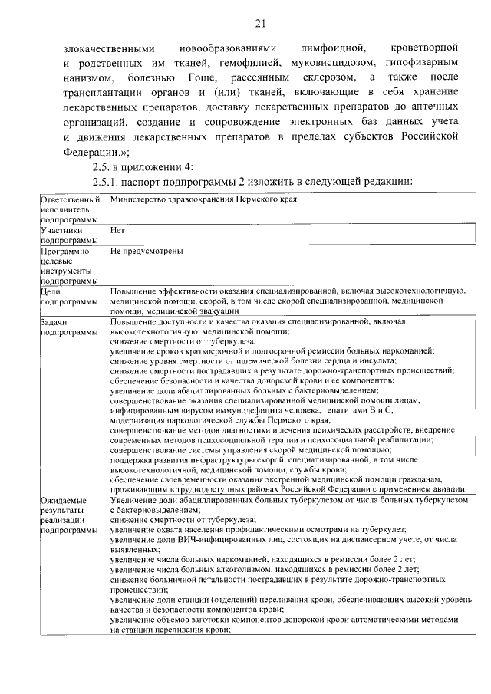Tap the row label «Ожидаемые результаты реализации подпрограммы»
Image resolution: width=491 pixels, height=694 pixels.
click(69, 515)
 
